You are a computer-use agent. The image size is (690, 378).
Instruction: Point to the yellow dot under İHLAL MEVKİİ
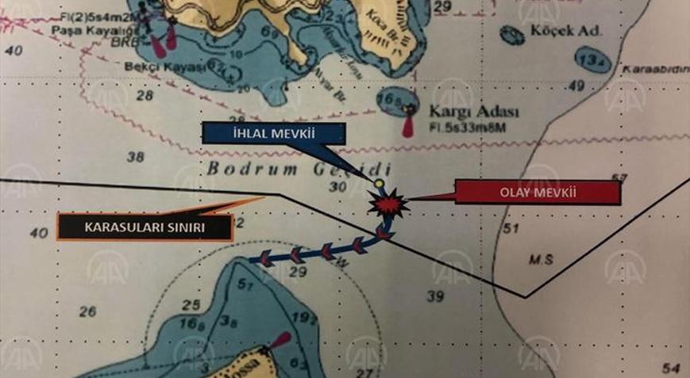379,185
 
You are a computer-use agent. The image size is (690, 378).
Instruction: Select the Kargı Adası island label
462,111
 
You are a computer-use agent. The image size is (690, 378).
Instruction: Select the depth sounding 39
434,296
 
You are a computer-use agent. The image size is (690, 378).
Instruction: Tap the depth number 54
671,368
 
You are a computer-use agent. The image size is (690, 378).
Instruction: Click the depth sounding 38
136,156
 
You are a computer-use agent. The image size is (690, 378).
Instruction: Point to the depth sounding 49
576,86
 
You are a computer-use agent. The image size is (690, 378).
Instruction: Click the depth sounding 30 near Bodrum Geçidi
337,187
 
